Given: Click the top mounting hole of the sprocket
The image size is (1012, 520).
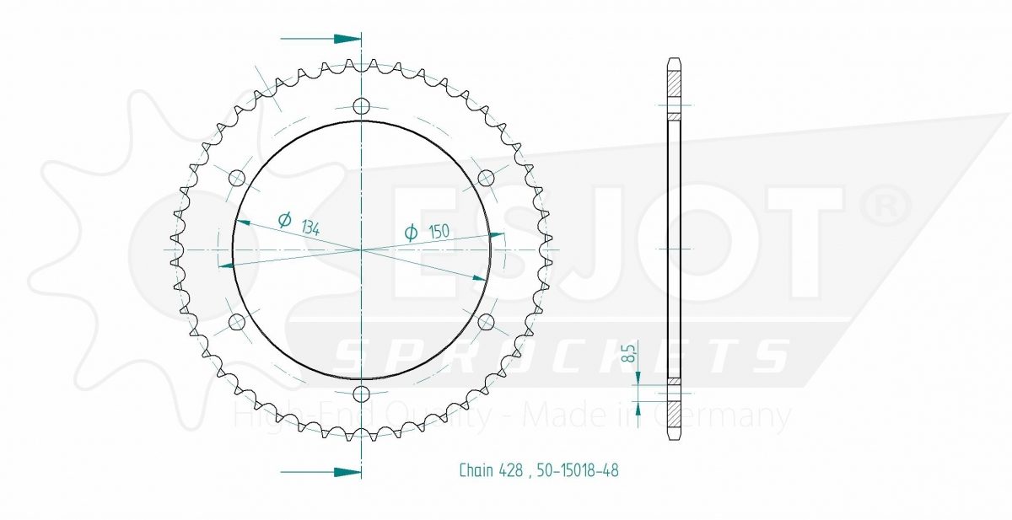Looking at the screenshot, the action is coord(361,107).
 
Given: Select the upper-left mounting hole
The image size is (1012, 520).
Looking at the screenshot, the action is coord(237,179).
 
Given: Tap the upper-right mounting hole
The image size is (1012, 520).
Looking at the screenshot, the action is coord(486,179).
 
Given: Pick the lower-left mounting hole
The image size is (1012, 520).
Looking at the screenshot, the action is coord(237,322).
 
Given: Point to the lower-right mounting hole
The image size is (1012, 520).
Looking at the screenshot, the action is coord(486,322).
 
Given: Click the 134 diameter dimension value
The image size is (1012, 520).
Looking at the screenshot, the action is coord(310,228).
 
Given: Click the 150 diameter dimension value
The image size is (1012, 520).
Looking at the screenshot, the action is coord(439,232).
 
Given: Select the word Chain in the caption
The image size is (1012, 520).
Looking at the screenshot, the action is coord(476,470).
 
